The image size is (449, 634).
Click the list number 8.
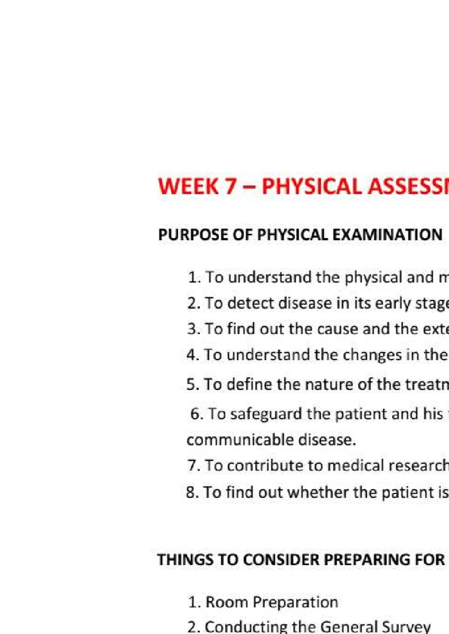coord(192,492)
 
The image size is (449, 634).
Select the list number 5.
coord(192,384)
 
